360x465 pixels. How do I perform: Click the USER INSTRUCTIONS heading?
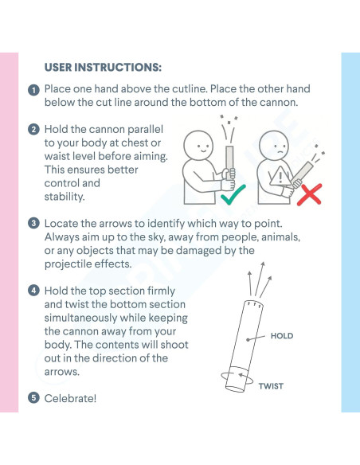pyautogui.click(x=103, y=68)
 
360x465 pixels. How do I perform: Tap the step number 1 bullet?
pyautogui.click(x=33, y=90)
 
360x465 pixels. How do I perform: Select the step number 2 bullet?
pyautogui.click(x=33, y=130)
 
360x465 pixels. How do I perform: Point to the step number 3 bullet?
pyautogui.click(x=33, y=223)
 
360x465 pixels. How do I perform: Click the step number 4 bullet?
pyautogui.click(x=33, y=291)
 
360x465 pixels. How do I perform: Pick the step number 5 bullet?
pyautogui.click(x=33, y=398)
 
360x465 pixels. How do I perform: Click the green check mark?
pyautogui.click(x=233, y=195)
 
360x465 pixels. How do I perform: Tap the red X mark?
pyautogui.click(x=309, y=194)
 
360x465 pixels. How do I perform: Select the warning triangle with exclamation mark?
pyautogui.click(x=280, y=176)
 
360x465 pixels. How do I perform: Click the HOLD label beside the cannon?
pyautogui.click(x=282, y=336)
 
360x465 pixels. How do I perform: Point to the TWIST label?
pyautogui.click(x=271, y=386)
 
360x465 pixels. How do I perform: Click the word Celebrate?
pyautogui.click(x=70, y=398)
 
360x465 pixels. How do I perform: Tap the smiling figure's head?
pyautogui.click(x=198, y=146)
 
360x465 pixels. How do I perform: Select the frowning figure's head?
pyautogui.click(x=274, y=145)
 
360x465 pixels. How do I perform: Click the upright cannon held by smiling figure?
pyautogui.click(x=229, y=162)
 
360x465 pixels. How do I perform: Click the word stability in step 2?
pyautogui.click(x=65, y=197)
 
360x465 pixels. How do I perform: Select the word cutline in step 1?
pyautogui.click(x=190, y=88)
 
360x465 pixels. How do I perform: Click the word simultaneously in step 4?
pyautogui.click(x=81, y=318)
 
